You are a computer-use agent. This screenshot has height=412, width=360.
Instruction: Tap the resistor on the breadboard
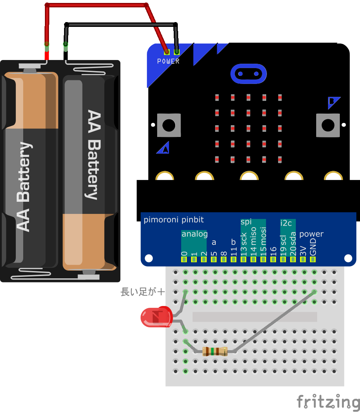(x=215, y=351)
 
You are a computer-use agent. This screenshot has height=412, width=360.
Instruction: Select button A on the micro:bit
(x=169, y=125)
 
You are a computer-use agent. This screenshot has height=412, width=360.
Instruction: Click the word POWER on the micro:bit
(x=168, y=61)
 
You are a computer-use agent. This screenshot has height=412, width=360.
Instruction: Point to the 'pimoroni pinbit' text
(x=174, y=220)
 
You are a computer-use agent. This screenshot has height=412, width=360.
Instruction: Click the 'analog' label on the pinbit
(x=194, y=234)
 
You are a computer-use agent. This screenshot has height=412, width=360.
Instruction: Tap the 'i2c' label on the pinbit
(x=286, y=223)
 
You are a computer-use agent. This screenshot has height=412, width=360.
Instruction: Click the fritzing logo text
(x=328, y=401)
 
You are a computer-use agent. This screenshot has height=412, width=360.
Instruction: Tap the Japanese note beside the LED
(x=142, y=292)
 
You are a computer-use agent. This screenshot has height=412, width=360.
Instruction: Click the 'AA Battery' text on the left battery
(x=24, y=187)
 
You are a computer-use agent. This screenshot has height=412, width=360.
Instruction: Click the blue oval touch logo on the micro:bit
(x=248, y=74)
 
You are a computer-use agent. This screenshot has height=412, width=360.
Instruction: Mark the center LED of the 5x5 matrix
(x=248, y=128)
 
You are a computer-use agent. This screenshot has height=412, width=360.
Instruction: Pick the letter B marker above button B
(x=332, y=102)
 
